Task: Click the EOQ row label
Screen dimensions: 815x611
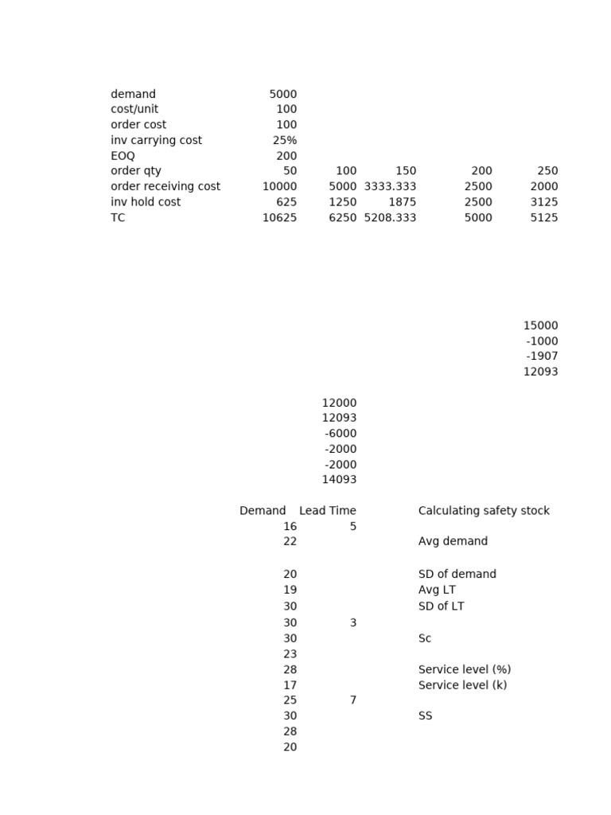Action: [x=123, y=156]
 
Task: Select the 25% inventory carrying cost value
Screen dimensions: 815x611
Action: [x=284, y=140]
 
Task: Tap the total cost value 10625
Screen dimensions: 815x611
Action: [x=279, y=217]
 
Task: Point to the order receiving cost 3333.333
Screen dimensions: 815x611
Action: [x=390, y=186]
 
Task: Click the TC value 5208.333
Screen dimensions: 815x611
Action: [x=390, y=217]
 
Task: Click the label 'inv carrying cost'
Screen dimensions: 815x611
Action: [x=156, y=140]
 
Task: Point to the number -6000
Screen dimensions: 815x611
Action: [x=341, y=434]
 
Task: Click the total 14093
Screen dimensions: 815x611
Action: [x=339, y=480]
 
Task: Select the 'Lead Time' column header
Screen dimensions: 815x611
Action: [x=327, y=511]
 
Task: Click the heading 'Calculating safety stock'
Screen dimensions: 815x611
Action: [x=484, y=511]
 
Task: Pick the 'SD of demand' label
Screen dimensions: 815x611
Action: [x=457, y=575]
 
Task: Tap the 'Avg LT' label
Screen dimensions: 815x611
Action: [x=437, y=591]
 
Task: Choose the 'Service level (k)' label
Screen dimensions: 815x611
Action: [x=462, y=685]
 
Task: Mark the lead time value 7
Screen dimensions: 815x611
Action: [x=352, y=700]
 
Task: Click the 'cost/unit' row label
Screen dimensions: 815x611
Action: [x=134, y=109]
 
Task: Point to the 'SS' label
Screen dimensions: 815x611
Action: [x=425, y=716]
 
